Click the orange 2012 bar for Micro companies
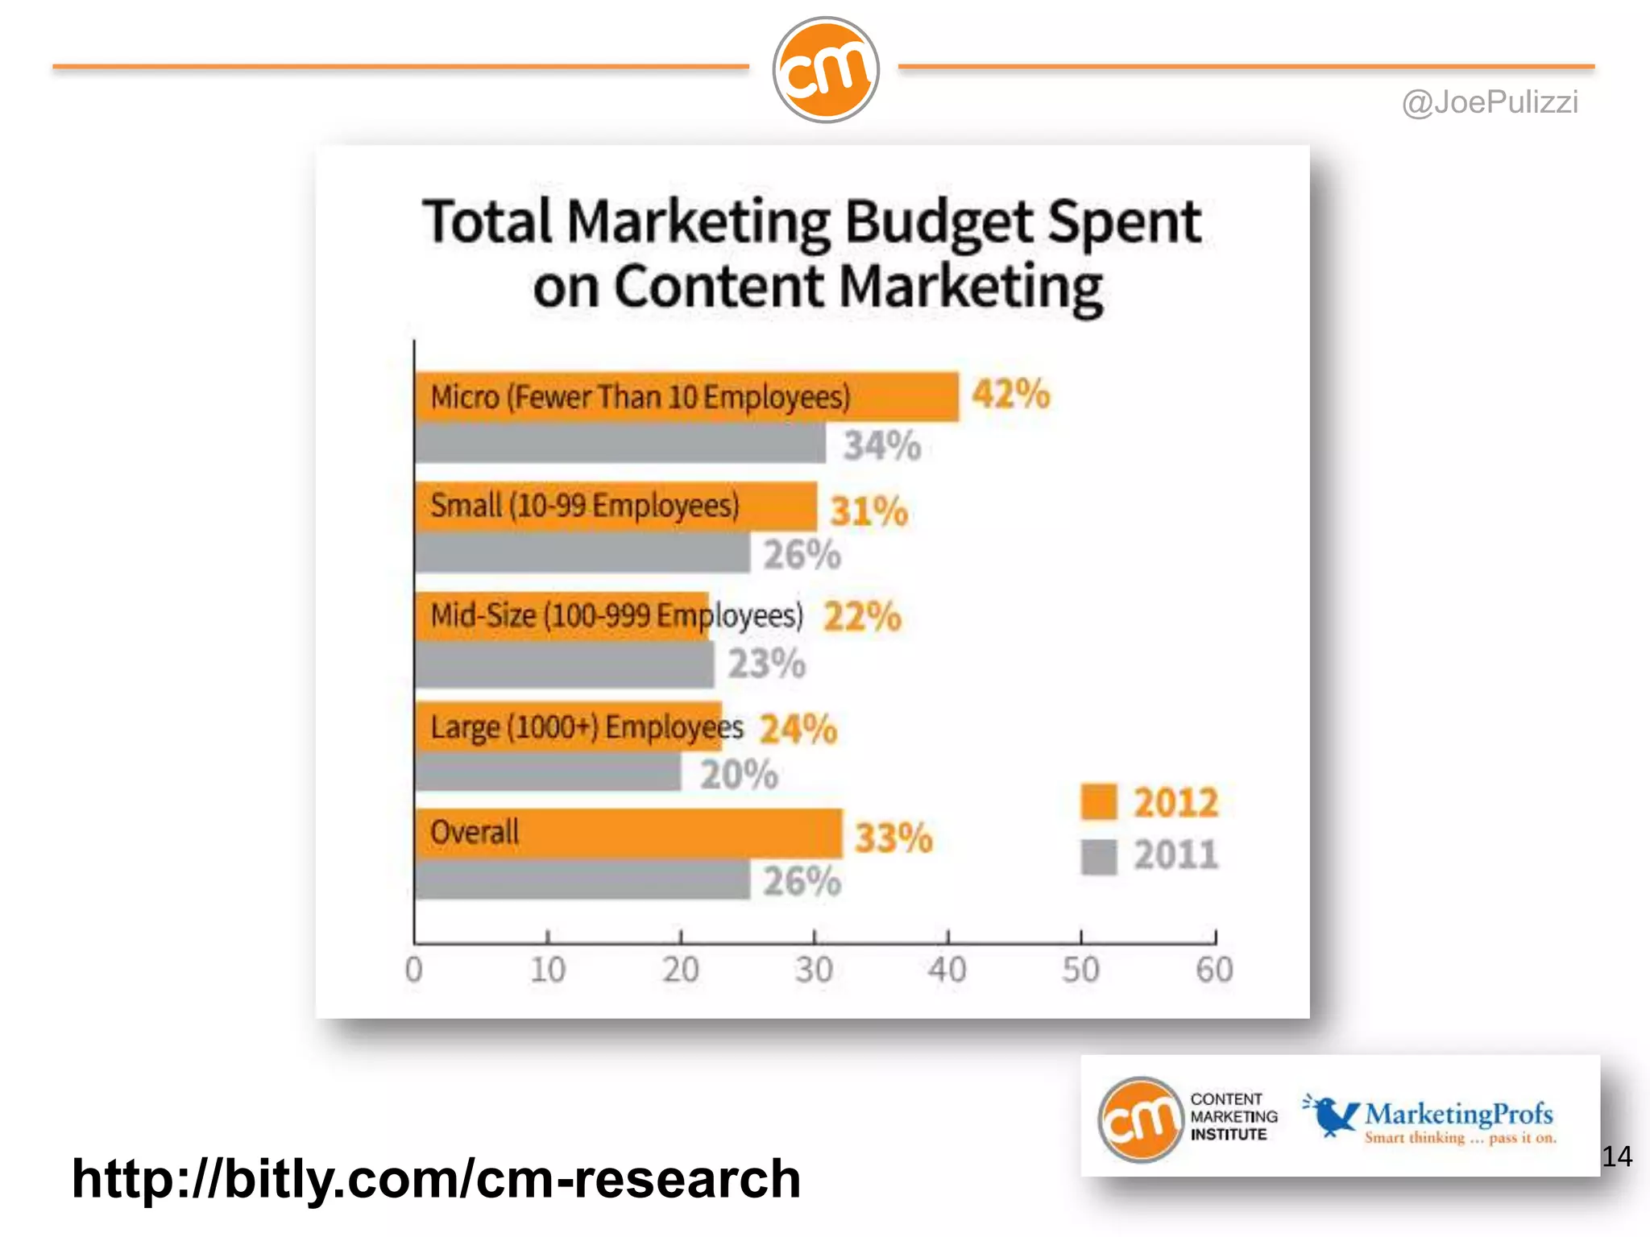685,396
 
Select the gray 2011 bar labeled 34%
620,443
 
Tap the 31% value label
869,511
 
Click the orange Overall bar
628,834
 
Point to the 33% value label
893,838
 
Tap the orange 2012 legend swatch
1098,802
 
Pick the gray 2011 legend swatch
1098,856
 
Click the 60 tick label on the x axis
1214,969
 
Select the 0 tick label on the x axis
413,969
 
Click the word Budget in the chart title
939,221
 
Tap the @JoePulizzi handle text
1490,102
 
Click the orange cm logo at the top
825,70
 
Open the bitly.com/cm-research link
436,1178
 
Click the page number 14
1616,1156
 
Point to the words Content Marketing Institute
1233,1117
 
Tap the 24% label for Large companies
798,729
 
